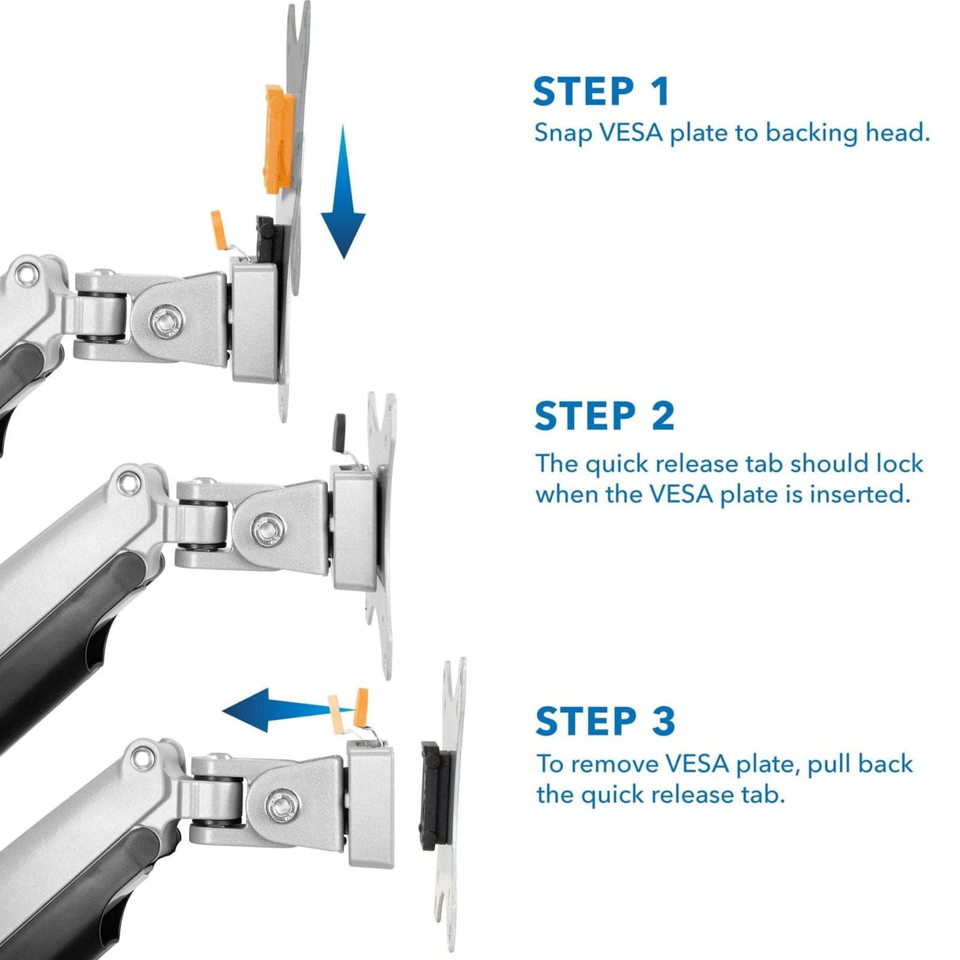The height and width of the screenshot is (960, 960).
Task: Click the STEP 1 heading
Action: pos(601,92)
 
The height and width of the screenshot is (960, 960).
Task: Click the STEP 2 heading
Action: pos(604,417)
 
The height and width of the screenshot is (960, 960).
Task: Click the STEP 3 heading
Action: pos(605,721)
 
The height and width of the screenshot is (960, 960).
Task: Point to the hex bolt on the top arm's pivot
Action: pos(164,322)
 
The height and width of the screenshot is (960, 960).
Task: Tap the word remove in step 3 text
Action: pos(614,765)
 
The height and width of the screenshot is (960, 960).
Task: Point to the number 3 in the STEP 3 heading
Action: pos(663,721)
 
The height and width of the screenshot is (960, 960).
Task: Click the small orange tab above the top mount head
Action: pos(218,229)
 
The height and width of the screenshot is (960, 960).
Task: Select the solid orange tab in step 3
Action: pos(362,706)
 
